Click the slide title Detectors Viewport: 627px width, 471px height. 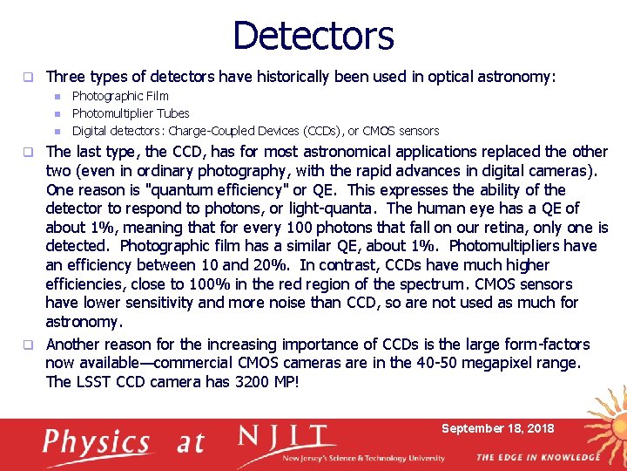tap(313, 36)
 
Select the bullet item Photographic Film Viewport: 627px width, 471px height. tap(120, 96)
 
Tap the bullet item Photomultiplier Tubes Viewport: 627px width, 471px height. tap(131, 113)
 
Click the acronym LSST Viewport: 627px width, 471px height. tap(98, 382)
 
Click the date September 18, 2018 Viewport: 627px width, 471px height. tap(497, 428)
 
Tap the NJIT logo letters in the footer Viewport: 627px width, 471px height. tap(287, 437)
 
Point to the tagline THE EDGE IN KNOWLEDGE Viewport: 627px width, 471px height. tap(537, 457)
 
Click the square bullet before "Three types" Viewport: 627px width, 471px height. tap(30, 78)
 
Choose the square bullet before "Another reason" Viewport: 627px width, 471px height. tap(30, 345)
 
